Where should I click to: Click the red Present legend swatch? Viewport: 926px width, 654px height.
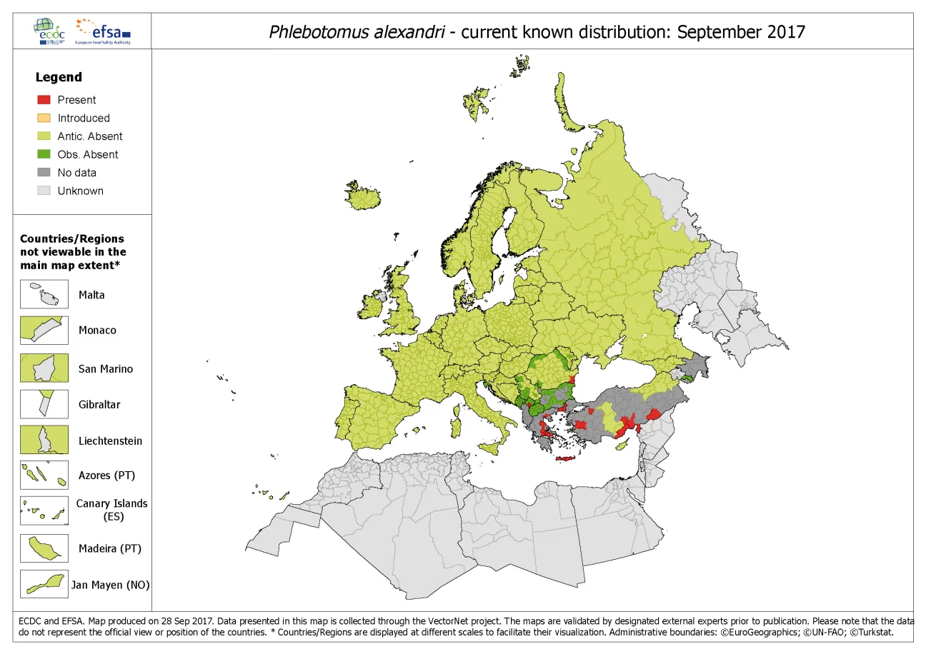(44, 100)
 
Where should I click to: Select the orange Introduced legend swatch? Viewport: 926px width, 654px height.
(44, 118)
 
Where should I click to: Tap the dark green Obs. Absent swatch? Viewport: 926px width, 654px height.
(44, 154)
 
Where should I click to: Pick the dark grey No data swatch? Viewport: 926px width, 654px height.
(44, 173)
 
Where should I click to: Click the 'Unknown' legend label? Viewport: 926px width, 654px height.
(80, 191)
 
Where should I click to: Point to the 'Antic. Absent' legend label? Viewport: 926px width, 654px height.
(90, 136)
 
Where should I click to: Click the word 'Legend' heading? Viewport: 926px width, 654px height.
(59, 77)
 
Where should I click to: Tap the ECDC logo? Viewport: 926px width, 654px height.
(49, 31)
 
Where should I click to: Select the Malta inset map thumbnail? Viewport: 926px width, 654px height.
(44, 294)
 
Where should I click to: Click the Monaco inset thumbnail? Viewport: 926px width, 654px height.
(44, 331)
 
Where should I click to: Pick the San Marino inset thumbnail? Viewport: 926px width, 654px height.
(44, 368)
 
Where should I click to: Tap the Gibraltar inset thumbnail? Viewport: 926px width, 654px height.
(44, 404)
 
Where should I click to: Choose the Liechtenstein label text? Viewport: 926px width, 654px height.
(110, 441)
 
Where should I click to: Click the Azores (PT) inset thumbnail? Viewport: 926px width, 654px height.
(44, 475)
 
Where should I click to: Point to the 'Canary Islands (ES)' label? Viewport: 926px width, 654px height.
(111, 510)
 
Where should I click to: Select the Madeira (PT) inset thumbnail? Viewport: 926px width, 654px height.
(44, 548)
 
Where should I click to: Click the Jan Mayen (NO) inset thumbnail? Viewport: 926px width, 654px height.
(44, 584)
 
